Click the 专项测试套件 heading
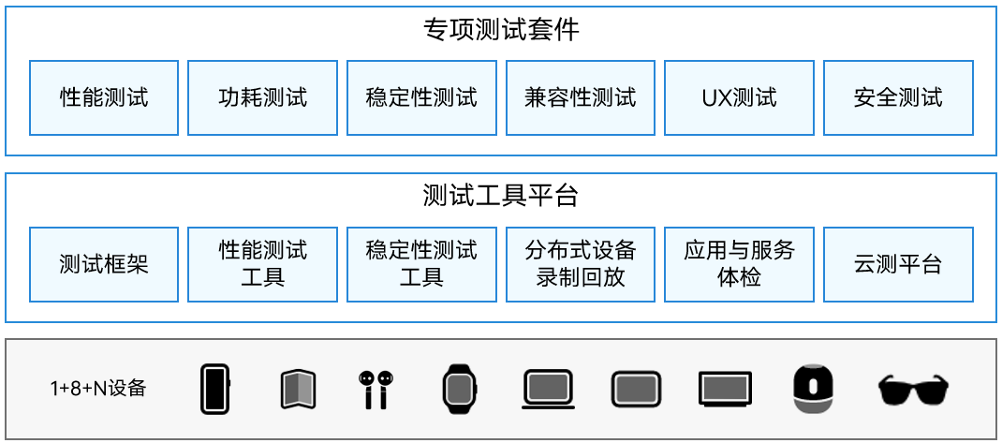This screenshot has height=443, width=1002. pos(501,30)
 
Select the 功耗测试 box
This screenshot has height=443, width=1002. pos(262,97)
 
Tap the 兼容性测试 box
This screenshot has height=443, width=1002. pos(581,97)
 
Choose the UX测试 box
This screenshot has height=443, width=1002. pos(739,97)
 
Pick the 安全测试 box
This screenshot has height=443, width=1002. pos(898,97)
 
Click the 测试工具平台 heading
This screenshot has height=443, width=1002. pos(501,196)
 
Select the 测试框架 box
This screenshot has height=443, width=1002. pos(104,264)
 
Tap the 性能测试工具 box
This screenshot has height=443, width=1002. pos(262,264)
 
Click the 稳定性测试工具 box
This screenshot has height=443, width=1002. pos(421,264)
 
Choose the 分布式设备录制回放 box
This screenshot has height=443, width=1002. pos(581,264)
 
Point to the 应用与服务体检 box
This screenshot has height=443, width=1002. pos(739,264)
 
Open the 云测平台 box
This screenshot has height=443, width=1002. pos(898,264)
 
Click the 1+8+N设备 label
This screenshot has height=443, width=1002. pos(98,388)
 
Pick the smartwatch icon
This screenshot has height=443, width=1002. pos(459,388)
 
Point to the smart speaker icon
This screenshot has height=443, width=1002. pos(814,388)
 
